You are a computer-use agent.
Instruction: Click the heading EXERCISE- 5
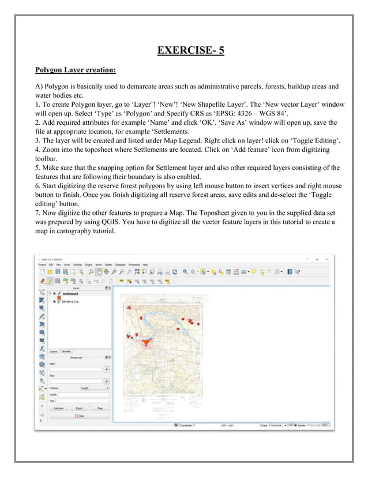pyautogui.click(x=190, y=50)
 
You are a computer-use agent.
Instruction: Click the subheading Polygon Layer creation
pyautogui.click(x=76, y=70)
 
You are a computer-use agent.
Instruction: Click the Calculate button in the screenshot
pyautogui.click(x=58, y=408)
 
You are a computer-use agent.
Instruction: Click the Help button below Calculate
pyautogui.click(x=78, y=416)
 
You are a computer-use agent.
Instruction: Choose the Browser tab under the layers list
pyautogui.click(x=66, y=351)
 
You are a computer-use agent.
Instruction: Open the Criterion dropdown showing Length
pyautogui.click(x=95, y=389)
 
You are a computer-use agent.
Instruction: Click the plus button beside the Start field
pyautogui.click(x=107, y=369)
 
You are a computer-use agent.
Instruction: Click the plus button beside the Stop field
pyautogui.click(x=107, y=381)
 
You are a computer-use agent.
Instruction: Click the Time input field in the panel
pyautogui.click(x=82, y=401)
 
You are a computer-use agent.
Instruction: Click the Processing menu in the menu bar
pyautogui.click(x=134, y=264)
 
